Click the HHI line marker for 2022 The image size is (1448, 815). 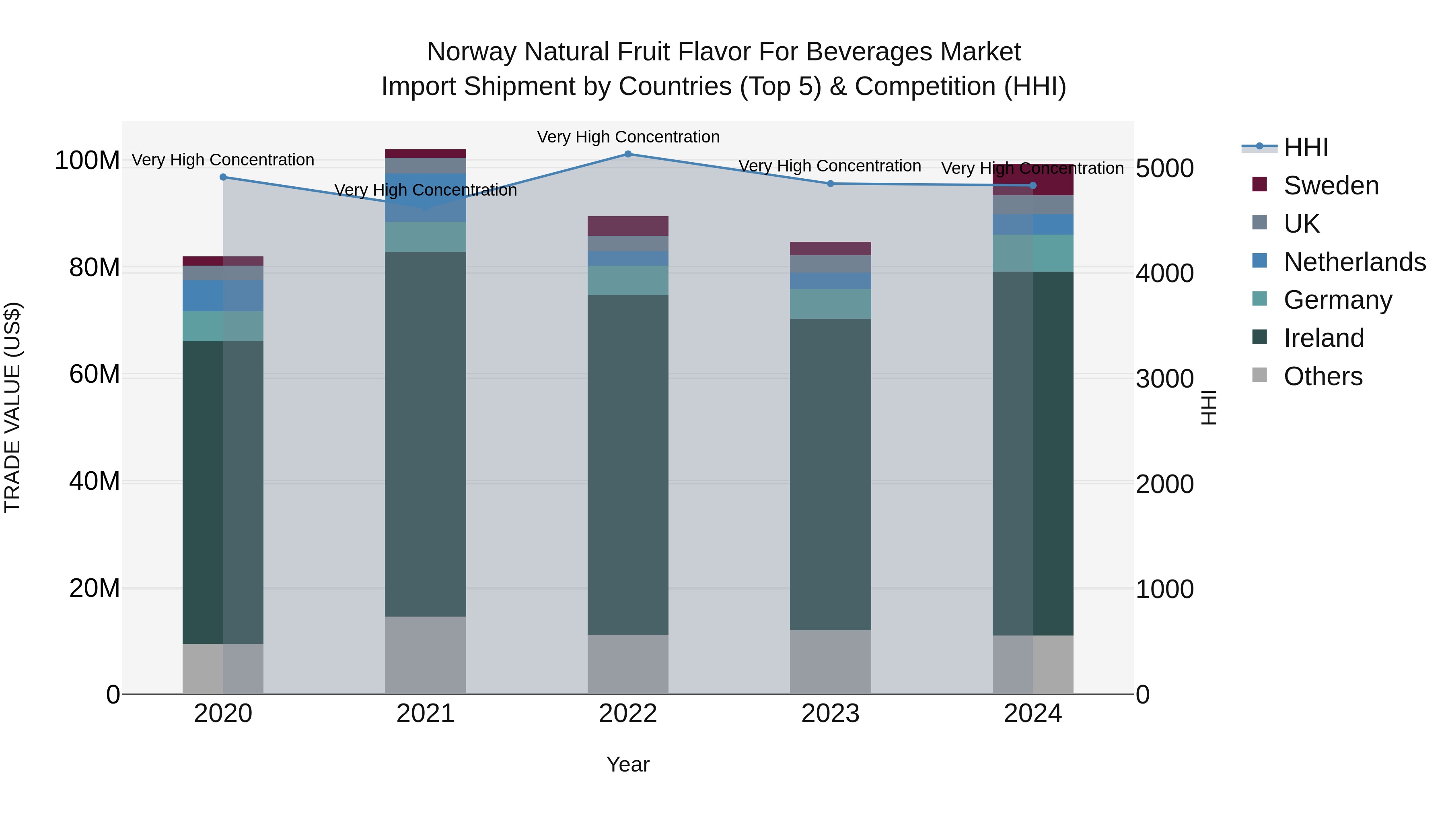pos(628,154)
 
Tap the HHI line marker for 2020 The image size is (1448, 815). pos(223,177)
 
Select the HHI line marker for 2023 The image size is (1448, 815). pos(830,184)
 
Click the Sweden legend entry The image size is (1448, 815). pos(1331,186)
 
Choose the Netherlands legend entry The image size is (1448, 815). pos(1354,262)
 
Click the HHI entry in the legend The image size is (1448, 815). pos(1306,147)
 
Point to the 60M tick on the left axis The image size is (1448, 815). pos(95,374)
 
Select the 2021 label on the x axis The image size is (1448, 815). pos(426,714)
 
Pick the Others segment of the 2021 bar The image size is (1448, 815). pos(426,655)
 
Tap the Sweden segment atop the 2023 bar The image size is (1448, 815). pos(830,249)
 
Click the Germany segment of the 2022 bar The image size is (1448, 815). pos(628,280)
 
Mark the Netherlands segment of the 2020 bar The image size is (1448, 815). pos(223,296)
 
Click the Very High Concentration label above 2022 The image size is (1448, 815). pos(628,137)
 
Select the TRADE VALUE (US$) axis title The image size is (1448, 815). pos(12,407)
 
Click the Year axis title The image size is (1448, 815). pos(628,764)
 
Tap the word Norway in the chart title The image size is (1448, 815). pos(471,52)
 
